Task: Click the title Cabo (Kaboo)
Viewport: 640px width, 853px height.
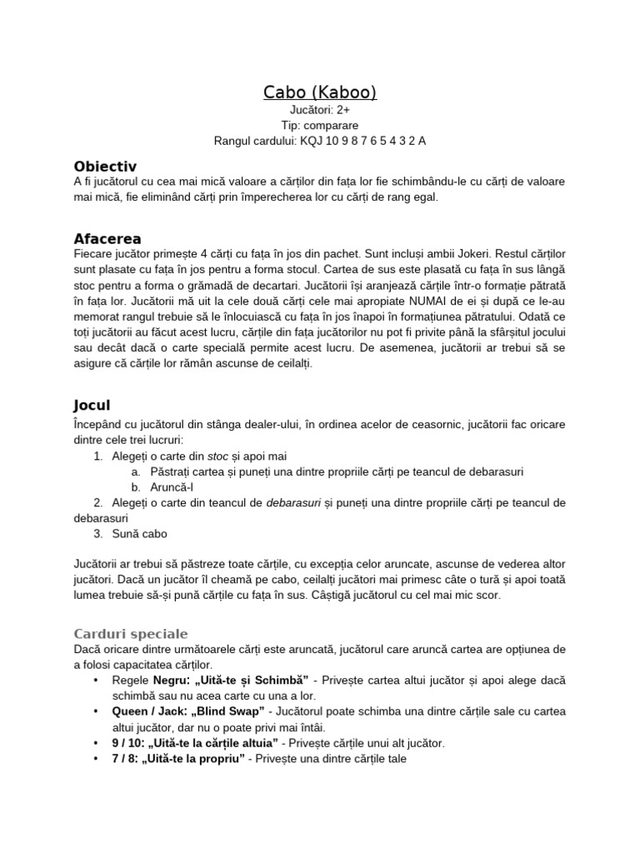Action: click(x=320, y=92)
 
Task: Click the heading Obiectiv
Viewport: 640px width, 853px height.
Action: click(x=105, y=166)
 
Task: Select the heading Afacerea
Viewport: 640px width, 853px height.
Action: click(x=107, y=238)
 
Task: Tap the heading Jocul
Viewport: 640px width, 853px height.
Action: click(x=92, y=406)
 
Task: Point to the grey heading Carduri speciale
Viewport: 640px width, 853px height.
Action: click(x=131, y=633)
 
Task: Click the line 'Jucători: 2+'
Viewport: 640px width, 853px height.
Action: click(x=320, y=110)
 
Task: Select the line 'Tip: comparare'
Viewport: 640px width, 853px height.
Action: click(x=320, y=125)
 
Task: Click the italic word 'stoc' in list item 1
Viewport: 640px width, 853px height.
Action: click(x=217, y=456)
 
